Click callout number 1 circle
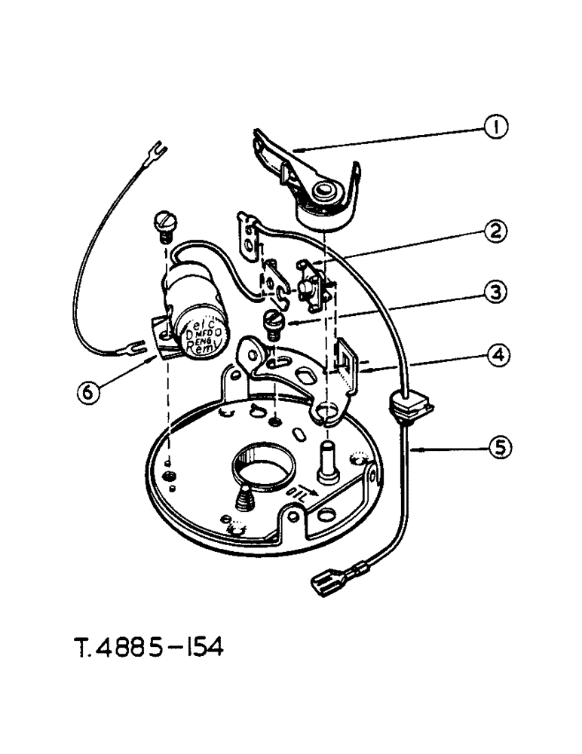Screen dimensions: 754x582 click(x=495, y=129)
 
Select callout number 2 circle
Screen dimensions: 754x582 click(x=495, y=231)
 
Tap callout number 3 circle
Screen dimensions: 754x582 click(x=495, y=292)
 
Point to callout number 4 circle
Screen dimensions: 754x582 click(x=495, y=353)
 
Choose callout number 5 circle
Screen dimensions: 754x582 click(x=495, y=447)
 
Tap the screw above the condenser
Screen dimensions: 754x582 click(x=164, y=223)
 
